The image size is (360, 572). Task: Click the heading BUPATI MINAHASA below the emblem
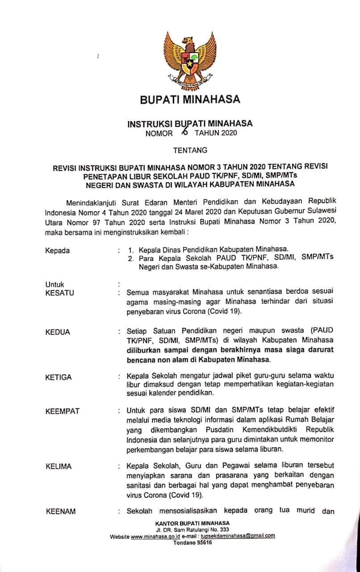(190, 99)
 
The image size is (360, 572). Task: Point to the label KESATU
(59, 293)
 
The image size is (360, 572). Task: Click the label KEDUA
(58, 332)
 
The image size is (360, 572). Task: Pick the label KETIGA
(59, 377)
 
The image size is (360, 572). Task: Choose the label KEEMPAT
(63, 411)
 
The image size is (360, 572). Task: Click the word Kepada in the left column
(58, 251)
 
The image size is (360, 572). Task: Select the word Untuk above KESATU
(55, 284)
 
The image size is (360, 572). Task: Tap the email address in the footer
(238, 536)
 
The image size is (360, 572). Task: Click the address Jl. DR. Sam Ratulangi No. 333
(193, 530)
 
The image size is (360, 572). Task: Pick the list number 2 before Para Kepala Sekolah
(131, 259)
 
